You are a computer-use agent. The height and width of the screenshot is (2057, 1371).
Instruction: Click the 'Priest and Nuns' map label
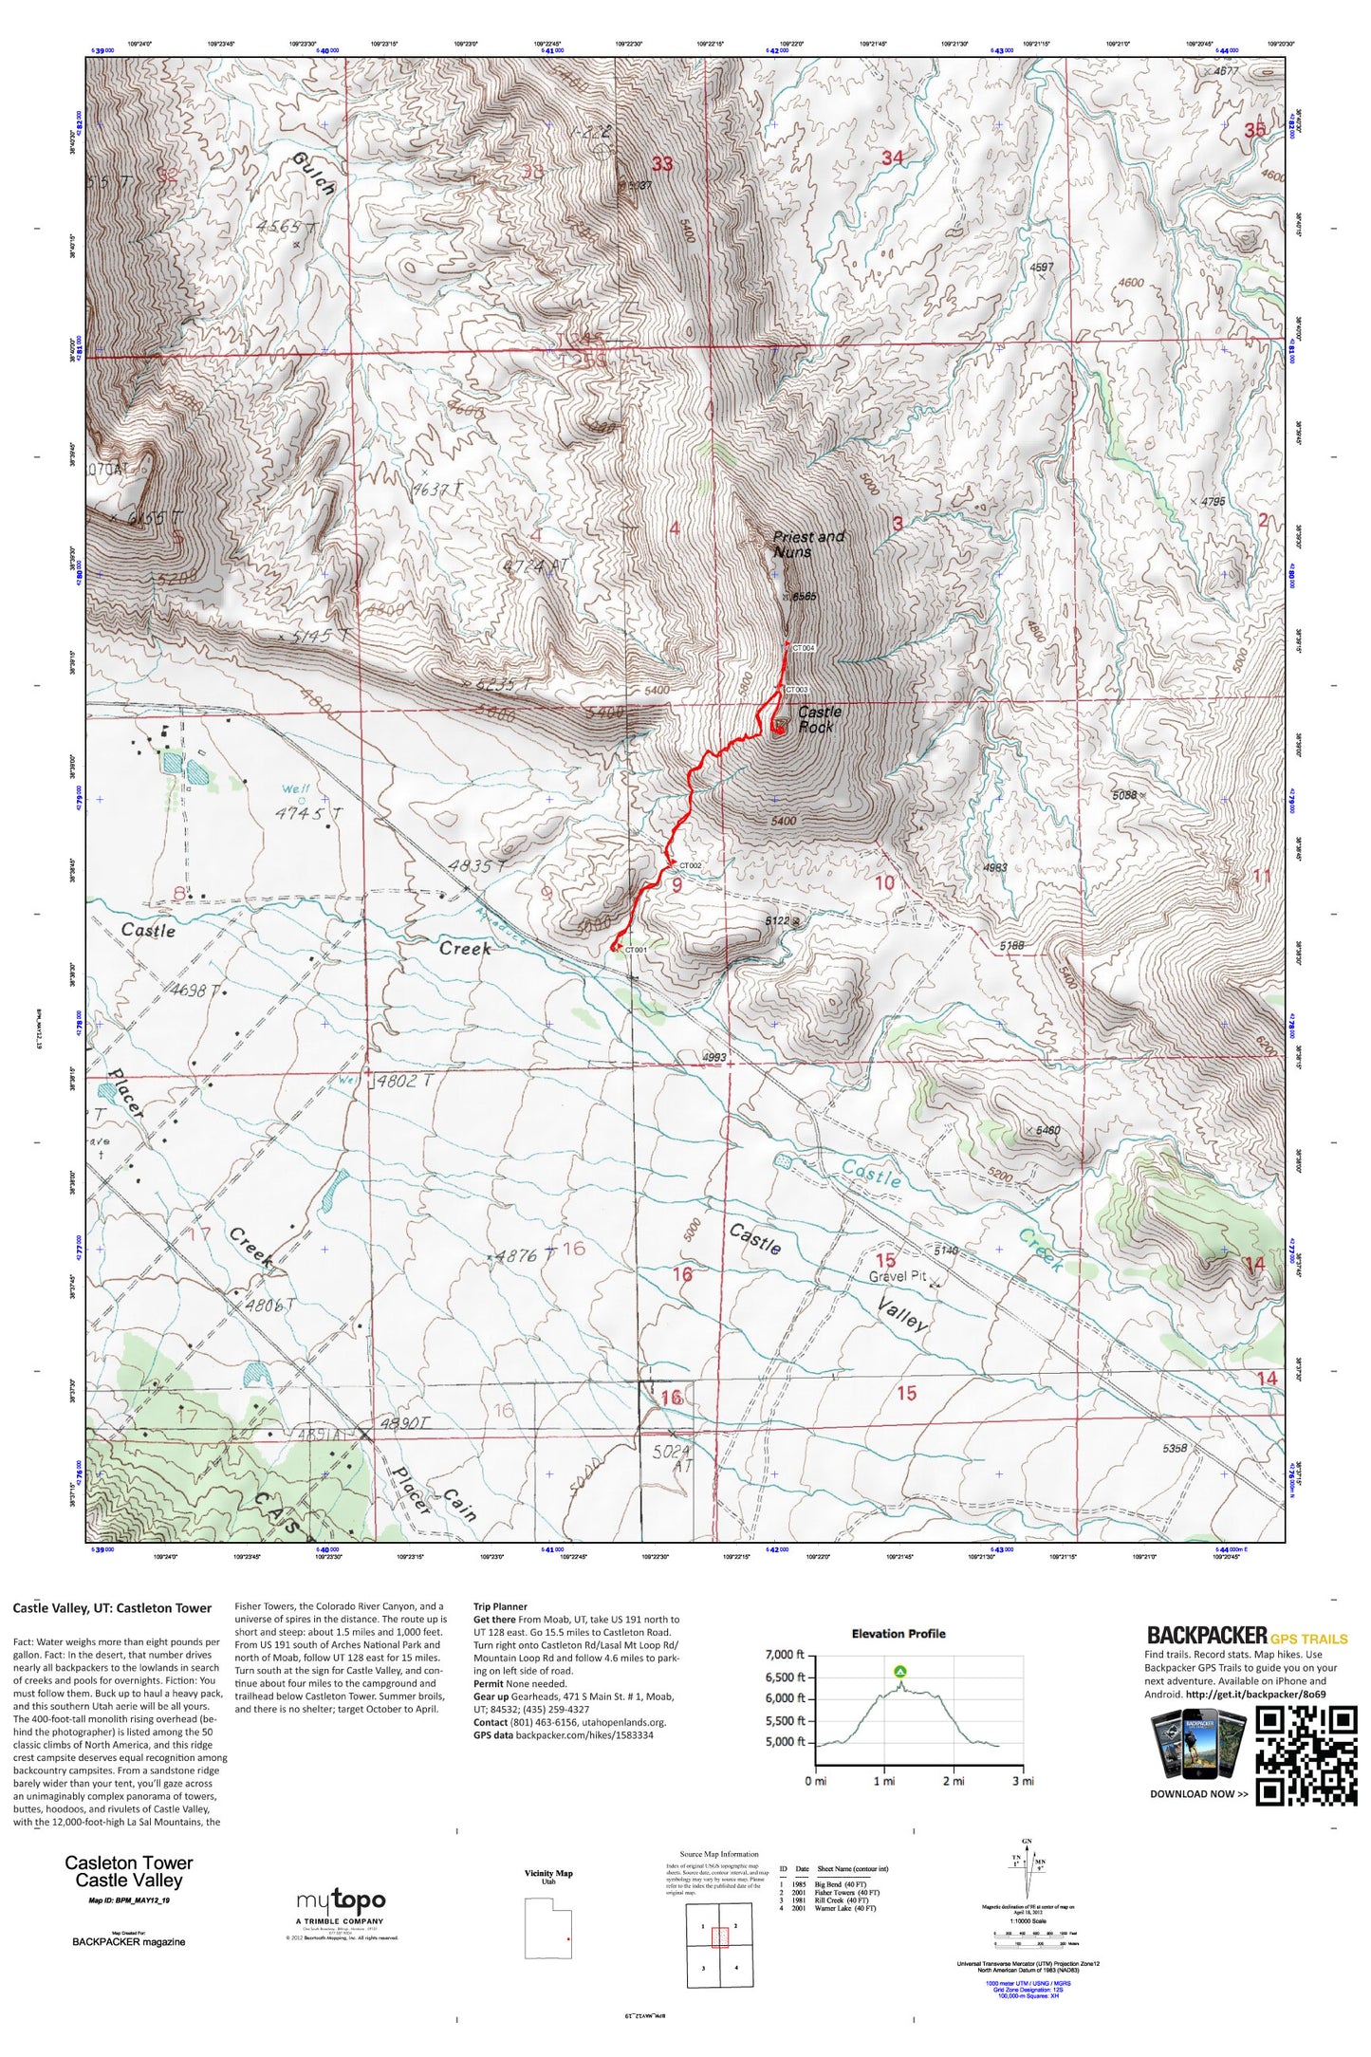(807, 544)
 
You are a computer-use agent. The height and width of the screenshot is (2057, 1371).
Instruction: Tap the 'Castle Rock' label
(818, 719)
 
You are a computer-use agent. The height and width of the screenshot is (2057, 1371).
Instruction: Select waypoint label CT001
(636, 950)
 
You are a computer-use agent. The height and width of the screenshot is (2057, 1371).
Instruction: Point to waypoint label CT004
(803, 648)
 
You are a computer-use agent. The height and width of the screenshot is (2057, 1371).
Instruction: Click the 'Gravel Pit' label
(897, 1276)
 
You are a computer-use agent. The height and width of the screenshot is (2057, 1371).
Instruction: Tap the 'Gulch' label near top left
(313, 173)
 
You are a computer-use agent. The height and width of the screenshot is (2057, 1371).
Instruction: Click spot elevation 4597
(1041, 268)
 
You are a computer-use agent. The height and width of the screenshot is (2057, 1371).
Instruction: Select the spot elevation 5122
(778, 920)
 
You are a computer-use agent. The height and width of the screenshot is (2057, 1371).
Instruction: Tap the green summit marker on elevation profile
(899, 1671)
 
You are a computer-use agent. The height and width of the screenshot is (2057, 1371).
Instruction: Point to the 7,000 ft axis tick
(785, 1655)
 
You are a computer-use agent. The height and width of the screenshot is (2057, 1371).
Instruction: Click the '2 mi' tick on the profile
(953, 1781)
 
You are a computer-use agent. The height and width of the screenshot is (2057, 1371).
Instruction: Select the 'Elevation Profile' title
(898, 1634)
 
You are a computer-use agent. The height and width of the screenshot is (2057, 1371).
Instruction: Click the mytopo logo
(341, 1901)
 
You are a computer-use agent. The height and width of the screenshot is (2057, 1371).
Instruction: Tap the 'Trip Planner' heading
(500, 1607)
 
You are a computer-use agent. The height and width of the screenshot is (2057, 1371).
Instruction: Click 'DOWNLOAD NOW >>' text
(1198, 1794)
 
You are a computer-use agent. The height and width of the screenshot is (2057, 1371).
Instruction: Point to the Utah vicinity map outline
(548, 1928)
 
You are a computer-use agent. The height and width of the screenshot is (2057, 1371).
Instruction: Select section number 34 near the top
(892, 158)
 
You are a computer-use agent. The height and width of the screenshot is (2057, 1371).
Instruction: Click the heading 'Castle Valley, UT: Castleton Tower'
(112, 1608)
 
